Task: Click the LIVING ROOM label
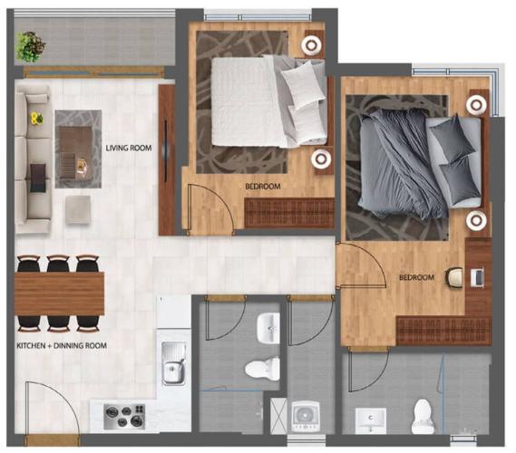(128, 148)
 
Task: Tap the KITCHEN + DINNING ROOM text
(62, 345)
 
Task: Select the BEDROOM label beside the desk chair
(416, 276)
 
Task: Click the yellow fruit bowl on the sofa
(36, 118)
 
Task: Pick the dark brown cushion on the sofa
(37, 177)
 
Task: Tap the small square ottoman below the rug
(78, 208)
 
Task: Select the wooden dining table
(59, 293)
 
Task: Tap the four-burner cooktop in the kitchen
(124, 416)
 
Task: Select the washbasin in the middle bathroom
(269, 327)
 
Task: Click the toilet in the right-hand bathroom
(424, 415)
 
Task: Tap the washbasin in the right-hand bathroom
(370, 420)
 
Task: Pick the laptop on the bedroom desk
(477, 276)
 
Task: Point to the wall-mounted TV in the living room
(166, 159)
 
